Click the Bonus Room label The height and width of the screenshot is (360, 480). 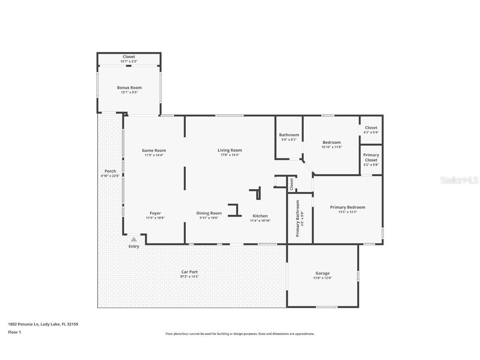click(129, 87)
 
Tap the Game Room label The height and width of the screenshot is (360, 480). click(154, 150)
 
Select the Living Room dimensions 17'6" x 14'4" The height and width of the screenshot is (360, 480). click(230, 155)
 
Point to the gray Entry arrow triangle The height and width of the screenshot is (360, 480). click(134, 239)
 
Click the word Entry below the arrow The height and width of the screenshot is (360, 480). click(134, 246)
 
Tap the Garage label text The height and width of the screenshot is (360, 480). click(322, 273)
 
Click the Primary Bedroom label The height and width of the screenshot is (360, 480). click(347, 207)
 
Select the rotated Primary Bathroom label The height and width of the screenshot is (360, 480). click(297, 218)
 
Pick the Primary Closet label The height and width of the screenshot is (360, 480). click(371, 157)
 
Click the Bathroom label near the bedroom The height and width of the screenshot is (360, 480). click(289, 135)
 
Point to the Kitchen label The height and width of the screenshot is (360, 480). click(260, 216)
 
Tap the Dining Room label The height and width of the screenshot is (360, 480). click(209, 213)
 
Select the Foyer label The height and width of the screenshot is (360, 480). click(155, 213)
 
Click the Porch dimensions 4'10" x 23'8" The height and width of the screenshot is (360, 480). click(110, 176)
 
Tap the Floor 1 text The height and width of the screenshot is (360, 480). click(14, 332)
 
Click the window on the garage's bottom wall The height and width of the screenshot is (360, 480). click(327, 307)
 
